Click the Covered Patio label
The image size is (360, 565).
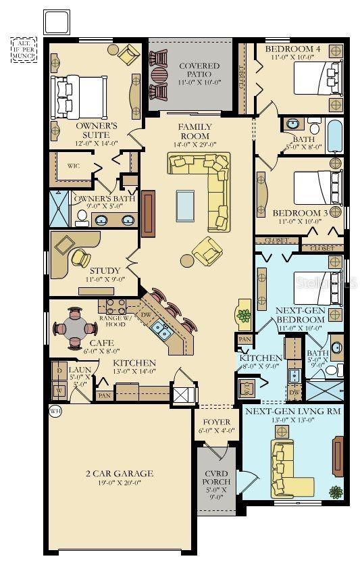[x=199, y=70]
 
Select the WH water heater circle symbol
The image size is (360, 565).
[x=54, y=410]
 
